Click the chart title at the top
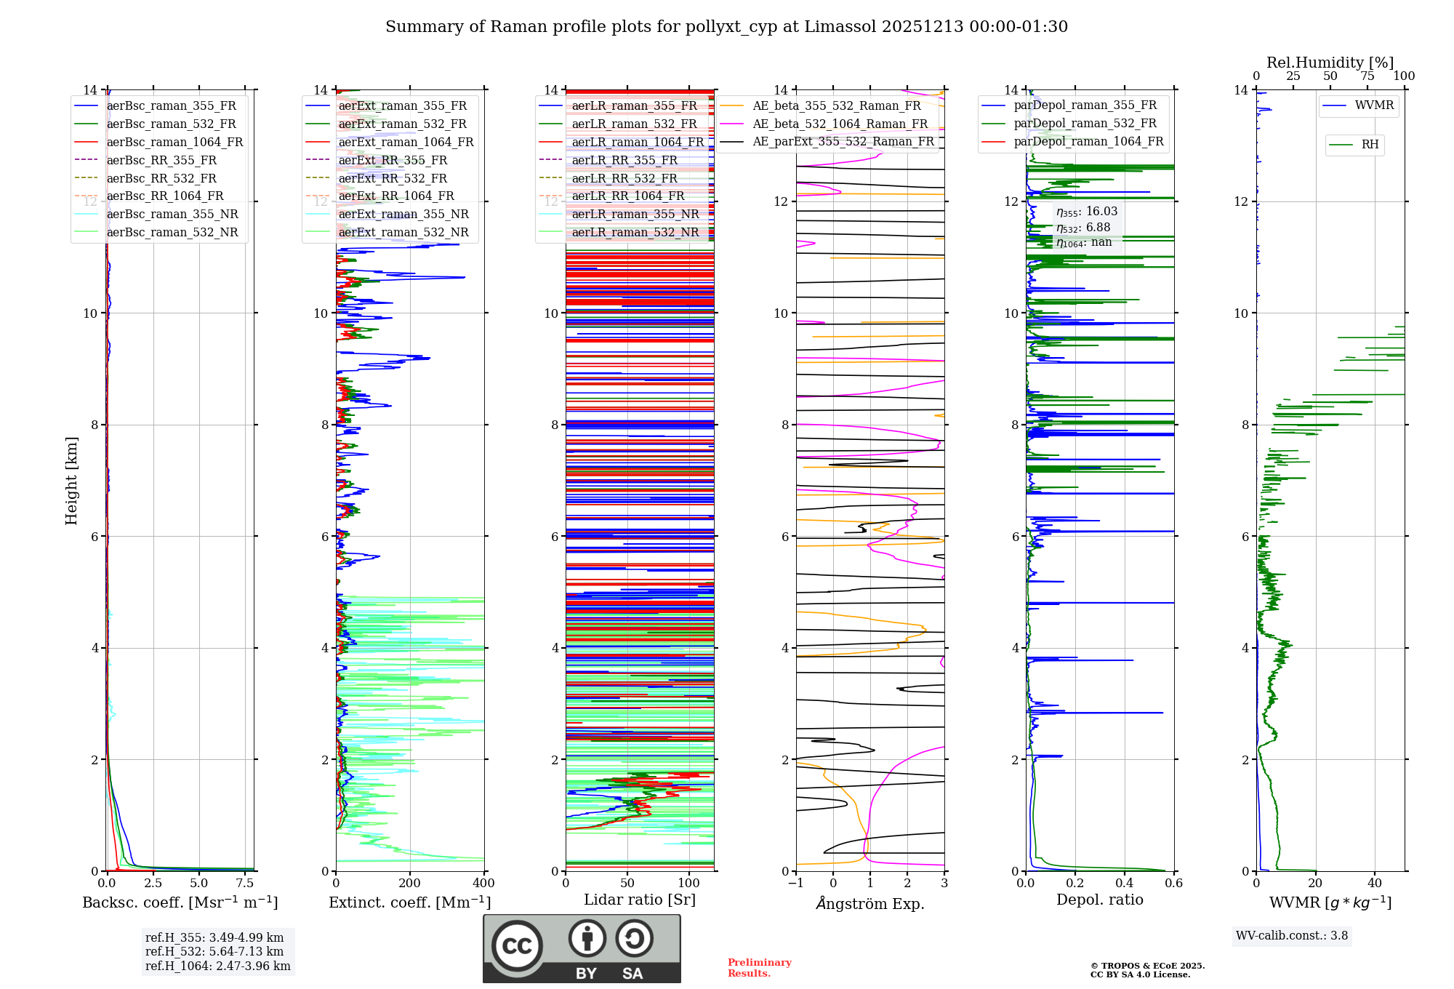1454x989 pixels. pos(726,27)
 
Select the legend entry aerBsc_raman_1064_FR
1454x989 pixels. pos(174,142)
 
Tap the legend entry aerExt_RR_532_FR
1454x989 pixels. pos(393,178)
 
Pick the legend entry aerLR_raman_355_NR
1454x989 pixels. pos(635,214)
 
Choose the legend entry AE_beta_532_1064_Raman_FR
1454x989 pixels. pos(840,124)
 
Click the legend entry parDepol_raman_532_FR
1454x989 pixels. pos(1085,123)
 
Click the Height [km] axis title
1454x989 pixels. pos(71,480)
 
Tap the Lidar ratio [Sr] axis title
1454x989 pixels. pos(640,900)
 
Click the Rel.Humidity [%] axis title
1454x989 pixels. pos(1330,63)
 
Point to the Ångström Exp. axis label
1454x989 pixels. pos(870,904)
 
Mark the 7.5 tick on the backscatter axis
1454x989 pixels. pos(245,883)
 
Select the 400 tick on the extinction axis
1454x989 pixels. pos(483,883)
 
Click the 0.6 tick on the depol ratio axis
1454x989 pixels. pos(1173,883)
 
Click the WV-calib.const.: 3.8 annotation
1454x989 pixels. pos(1292,936)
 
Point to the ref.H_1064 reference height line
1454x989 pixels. pos(217,966)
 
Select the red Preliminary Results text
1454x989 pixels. pos(759,967)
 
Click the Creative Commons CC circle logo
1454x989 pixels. pos(517,945)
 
